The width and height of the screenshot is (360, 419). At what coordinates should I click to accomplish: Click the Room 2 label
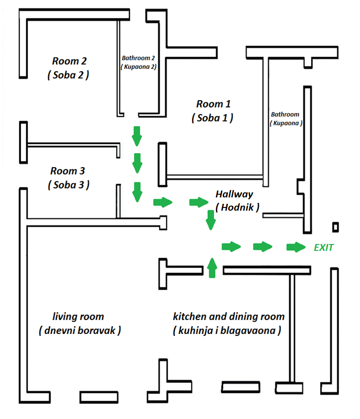coord(69,61)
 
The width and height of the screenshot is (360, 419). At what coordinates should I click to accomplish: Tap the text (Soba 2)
coord(68,75)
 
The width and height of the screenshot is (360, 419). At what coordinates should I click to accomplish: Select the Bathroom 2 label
coord(139,58)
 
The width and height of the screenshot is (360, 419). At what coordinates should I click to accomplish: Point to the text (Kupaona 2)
coord(139,66)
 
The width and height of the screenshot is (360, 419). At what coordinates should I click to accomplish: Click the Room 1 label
coord(214,104)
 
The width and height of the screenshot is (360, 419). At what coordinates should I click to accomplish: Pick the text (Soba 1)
coord(212,117)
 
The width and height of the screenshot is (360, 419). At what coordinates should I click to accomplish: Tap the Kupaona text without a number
coord(286,123)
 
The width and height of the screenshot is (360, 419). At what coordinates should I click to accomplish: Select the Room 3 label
coord(68,171)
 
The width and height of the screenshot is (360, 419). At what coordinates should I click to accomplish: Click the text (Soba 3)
coord(68,185)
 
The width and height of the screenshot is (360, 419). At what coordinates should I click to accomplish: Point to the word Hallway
coord(234,194)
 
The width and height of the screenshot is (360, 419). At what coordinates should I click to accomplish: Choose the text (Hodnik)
coord(237,207)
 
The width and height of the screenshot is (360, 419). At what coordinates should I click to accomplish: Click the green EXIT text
coord(323,248)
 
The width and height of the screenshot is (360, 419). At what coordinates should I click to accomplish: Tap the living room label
coord(78,316)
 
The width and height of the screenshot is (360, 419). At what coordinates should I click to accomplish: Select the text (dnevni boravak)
coord(80,330)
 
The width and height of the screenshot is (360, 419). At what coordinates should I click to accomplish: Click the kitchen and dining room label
coord(229,316)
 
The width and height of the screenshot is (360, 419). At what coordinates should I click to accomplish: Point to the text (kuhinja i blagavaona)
coord(227,330)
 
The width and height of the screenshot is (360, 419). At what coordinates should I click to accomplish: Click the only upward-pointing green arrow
coord(211,267)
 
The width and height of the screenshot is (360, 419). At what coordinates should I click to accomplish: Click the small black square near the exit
coord(336,227)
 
